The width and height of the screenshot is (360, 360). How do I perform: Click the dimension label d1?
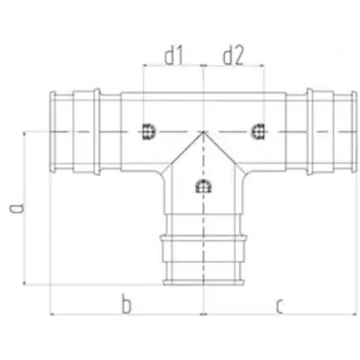click(174, 57)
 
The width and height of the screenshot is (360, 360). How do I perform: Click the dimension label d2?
click(233, 57)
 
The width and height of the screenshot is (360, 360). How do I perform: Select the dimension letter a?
click(16, 208)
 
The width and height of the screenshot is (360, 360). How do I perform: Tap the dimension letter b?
click(127, 304)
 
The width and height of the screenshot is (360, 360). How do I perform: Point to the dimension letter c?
click(279, 307)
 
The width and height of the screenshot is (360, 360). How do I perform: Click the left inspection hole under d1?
click(148, 131)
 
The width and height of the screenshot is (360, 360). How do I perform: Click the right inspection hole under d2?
click(257, 131)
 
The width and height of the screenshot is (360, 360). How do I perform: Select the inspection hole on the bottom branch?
click(203, 186)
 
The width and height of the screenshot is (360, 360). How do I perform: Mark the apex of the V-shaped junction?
click(203, 132)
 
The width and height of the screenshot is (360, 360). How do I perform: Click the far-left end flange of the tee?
click(53, 132)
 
